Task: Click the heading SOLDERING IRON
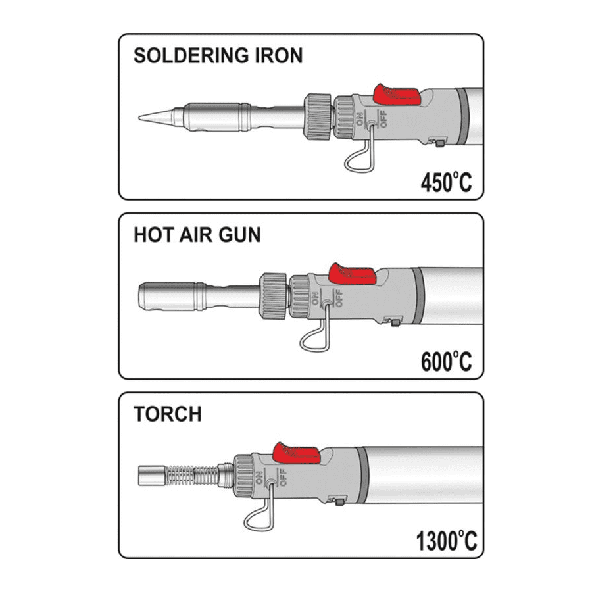point(218,55)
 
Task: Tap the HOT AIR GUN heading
point(197,234)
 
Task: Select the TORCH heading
point(168,414)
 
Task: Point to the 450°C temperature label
point(446,182)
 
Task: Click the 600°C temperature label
point(446,361)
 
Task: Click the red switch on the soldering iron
point(397,95)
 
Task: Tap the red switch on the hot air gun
point(353,274)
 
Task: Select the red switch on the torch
point(297,453)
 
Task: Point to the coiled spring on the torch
point(192,476)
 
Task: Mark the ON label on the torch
point(260,478)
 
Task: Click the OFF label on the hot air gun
point(339,297)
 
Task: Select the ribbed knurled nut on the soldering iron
point(318,118)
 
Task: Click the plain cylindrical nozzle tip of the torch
point(152,476)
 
